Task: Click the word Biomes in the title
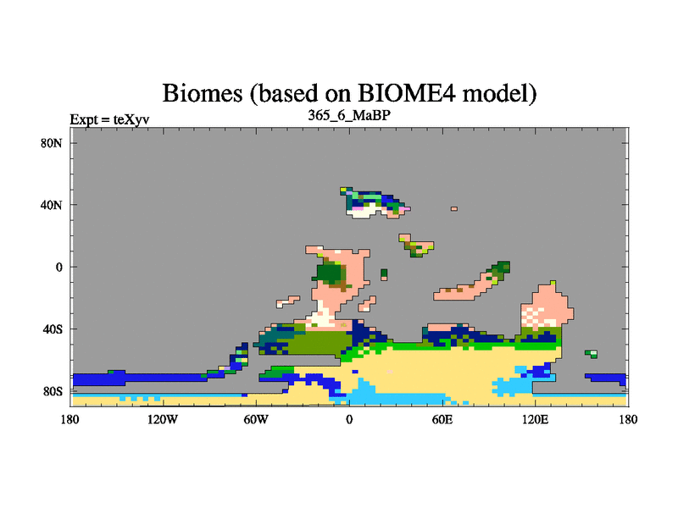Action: [x=203, y=93]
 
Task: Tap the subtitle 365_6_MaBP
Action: [x=349, y=115]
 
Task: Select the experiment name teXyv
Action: [x=131, y=119]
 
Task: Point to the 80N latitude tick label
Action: [x=52, y=143]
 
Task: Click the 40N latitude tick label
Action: [x=52, y=205]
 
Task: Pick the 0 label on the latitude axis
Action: [x=58, y=267]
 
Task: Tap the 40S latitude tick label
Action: [x=53, y=329]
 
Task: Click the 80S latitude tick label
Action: [x=53, y=391]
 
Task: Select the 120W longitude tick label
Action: [x=163, y=419]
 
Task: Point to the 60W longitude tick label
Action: [x=256, y=419]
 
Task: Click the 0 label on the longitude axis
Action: [x=349, y=419]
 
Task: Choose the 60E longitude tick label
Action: [x=442, y=419]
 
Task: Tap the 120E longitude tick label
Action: [x=536, y=419]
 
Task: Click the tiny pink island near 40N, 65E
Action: [x=454, y=208]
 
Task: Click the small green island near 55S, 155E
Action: [x=592, y=354]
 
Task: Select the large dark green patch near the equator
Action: [x=330, y=273]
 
